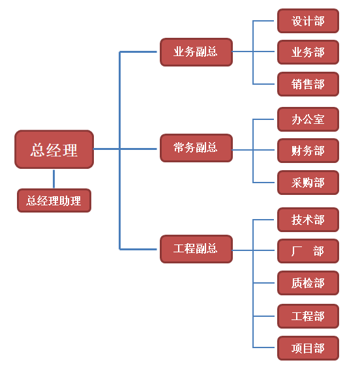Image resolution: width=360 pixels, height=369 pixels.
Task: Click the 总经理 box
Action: coord(54,149)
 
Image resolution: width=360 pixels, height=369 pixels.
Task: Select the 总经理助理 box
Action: coord(54,201)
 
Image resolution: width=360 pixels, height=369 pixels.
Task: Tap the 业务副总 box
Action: coord(196,52)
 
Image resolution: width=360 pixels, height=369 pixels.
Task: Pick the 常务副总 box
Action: coord(196,148)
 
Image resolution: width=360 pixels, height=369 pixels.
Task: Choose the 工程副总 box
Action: coord(196,249)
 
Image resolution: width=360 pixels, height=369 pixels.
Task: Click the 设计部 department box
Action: coord(308,21)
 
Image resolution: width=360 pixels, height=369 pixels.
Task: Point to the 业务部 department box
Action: coord(308,52)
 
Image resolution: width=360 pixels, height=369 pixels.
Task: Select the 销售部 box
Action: coord(308,84)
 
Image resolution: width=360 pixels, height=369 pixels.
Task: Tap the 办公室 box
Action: coord(308,119)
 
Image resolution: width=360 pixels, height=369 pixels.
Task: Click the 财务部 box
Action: coord(308,151)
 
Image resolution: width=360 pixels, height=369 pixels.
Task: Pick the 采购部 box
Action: coord(308,183)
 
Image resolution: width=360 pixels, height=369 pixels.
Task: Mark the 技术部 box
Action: coord(308,220)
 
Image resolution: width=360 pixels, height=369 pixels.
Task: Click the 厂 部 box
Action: coord(308,251)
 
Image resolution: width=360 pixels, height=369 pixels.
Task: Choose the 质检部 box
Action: coord(308,283)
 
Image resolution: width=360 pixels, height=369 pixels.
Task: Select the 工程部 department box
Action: coord(308,316)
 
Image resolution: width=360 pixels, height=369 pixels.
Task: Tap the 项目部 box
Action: coord(308,348)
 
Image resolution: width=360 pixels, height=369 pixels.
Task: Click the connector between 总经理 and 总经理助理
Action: coord(54,179)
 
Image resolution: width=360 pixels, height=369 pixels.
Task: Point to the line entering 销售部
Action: coord(265,84)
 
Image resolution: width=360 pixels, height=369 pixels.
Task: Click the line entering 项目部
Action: coord(265,348)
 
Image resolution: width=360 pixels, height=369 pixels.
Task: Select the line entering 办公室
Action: coord(265,119)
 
